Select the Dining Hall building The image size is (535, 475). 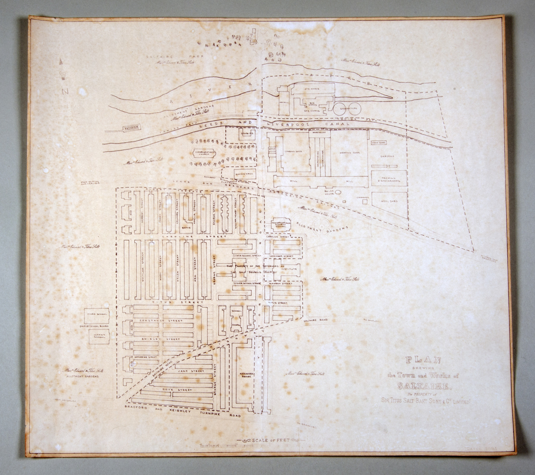pos(244,174)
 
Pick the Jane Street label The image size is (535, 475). pos(191,371)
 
